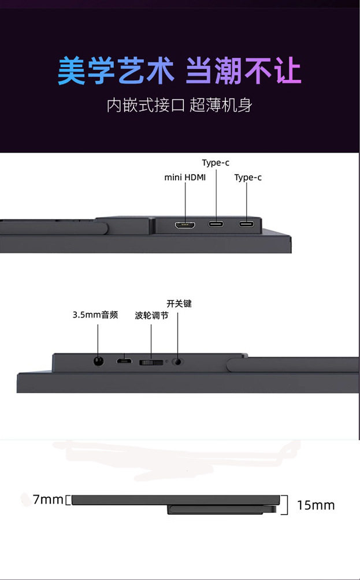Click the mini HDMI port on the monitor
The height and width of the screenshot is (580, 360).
tap(185, 224)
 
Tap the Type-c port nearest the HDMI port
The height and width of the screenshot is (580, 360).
tap(216, 224)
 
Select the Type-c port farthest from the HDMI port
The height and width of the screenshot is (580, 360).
tap(247, 224)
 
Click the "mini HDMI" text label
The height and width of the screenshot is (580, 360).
tap(185, 178)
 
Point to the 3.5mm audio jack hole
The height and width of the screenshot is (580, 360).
tap(98, 361)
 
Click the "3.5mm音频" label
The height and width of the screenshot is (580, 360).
tap(95, 315)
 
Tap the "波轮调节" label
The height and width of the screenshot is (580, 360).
tap(151, 316)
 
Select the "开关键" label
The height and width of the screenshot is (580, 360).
tap(179, 304)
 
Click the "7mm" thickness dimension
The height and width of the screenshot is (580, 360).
tap(47, 500)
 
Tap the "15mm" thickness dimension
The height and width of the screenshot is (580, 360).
tap(316, 505)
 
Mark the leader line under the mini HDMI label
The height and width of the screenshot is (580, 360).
tap(185, 200)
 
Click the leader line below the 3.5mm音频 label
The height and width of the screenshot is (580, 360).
tap(98, 338)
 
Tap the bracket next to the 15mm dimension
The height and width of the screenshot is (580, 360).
tap(285, 504)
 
